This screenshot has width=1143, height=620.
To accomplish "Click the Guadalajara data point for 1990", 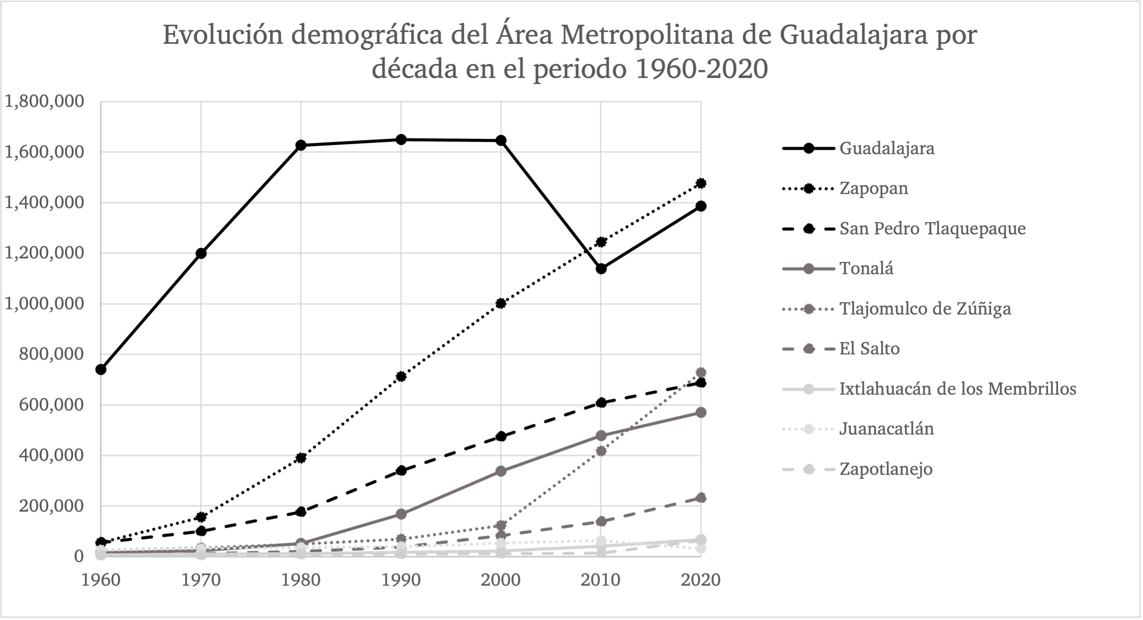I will pos(401,139).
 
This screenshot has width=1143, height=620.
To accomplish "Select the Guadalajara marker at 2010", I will pos(601,269).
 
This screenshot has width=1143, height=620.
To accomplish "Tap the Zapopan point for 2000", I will pos(501,303).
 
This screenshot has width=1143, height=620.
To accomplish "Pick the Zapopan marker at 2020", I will pos(701,183).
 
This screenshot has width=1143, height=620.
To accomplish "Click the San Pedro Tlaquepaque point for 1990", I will pos(401,470).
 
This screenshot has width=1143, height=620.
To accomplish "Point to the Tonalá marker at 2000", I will pos(501,471).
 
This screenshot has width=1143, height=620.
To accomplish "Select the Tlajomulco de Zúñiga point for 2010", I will pos(601,451).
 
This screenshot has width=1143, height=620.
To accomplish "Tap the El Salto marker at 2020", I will pos(701,498).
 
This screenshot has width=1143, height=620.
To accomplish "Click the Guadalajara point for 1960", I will pos(101,370).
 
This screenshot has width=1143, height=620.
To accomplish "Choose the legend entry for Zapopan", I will pos(873,188).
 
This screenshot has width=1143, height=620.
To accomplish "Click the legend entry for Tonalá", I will pos(866,269).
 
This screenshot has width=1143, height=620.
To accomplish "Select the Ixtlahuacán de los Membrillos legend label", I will pos(957,389).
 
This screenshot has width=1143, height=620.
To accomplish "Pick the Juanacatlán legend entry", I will pos(886,429).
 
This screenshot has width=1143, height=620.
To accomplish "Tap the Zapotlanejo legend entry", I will pos(886,469).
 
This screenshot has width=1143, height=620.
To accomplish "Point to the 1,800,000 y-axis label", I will pos(44,101).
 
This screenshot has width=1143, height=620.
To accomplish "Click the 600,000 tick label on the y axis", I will pos(52,405).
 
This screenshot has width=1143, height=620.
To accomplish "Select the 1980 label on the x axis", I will pos(301,580).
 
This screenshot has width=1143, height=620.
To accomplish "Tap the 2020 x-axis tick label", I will pos(701,580).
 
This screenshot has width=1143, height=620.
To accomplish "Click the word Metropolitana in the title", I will pos(646,35).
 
